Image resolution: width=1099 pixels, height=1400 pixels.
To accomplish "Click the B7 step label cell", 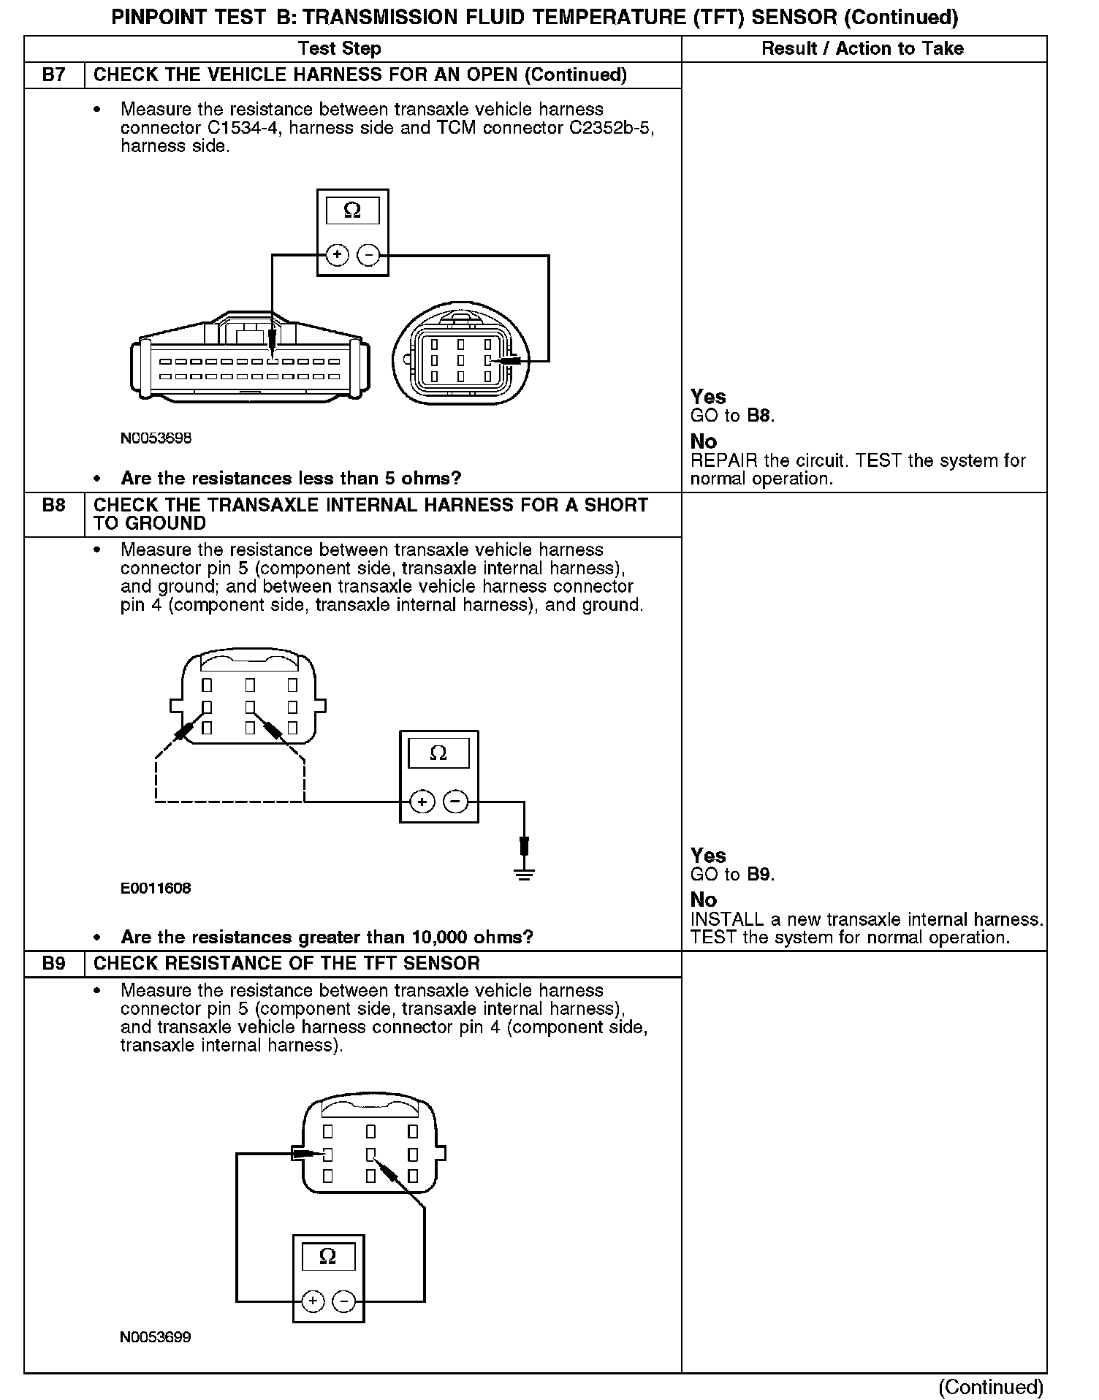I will (x=53, y=75).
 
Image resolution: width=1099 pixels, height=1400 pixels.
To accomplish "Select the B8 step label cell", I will (x=53, y=506).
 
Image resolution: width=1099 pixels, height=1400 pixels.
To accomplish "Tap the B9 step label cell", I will (x=53, y=963).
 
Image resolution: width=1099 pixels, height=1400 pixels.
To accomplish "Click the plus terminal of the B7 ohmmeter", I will (x=337, y=255).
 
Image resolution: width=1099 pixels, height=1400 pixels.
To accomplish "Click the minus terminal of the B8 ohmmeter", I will (x=455, y=802).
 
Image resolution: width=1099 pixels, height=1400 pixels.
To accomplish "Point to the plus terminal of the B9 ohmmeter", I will (x=313, y=1301).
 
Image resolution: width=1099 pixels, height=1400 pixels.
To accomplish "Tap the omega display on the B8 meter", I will (x=438, y=753).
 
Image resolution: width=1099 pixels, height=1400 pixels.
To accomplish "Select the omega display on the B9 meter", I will (x=329, y=1257).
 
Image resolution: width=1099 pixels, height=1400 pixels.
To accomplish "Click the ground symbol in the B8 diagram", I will (x=524, y=872).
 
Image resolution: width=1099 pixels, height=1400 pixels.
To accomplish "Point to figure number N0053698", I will (x=156, y=438).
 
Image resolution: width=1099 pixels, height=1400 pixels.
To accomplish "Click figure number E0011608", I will (x=156, y=889).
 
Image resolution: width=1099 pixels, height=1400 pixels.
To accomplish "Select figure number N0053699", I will (x=156, y=1337).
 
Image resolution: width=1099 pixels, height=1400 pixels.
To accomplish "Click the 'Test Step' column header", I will (x=339, y=49).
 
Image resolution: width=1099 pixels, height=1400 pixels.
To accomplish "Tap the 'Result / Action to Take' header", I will (x=862, y=49).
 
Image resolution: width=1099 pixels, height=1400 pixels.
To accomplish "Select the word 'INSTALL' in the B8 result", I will (x=725, y=920).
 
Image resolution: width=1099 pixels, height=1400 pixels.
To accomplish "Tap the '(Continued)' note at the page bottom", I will (x=991, y=1386).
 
